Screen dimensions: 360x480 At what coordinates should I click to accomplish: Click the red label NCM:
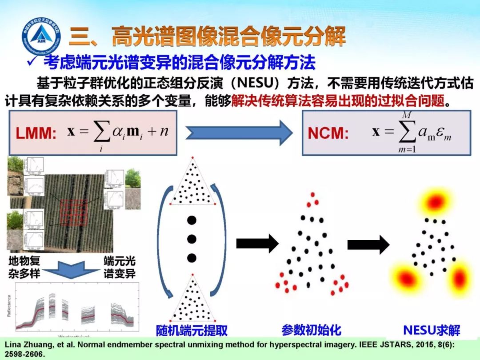pos(328,134)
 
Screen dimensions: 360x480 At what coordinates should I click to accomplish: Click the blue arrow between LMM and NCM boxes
pos(239,132)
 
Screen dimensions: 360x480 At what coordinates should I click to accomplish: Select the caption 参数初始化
pos(311,330)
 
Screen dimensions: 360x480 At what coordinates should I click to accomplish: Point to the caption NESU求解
pos(432,330)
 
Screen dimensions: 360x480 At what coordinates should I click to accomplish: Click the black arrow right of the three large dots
pos(257,243)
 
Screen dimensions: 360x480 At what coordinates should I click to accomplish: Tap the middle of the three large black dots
pos(192,239)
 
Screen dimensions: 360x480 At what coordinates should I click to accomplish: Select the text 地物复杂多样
pos(24,267)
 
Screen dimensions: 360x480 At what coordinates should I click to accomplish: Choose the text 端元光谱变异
pos(120,267)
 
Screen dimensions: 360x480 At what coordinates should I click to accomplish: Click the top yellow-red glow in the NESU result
pos(434,202)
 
